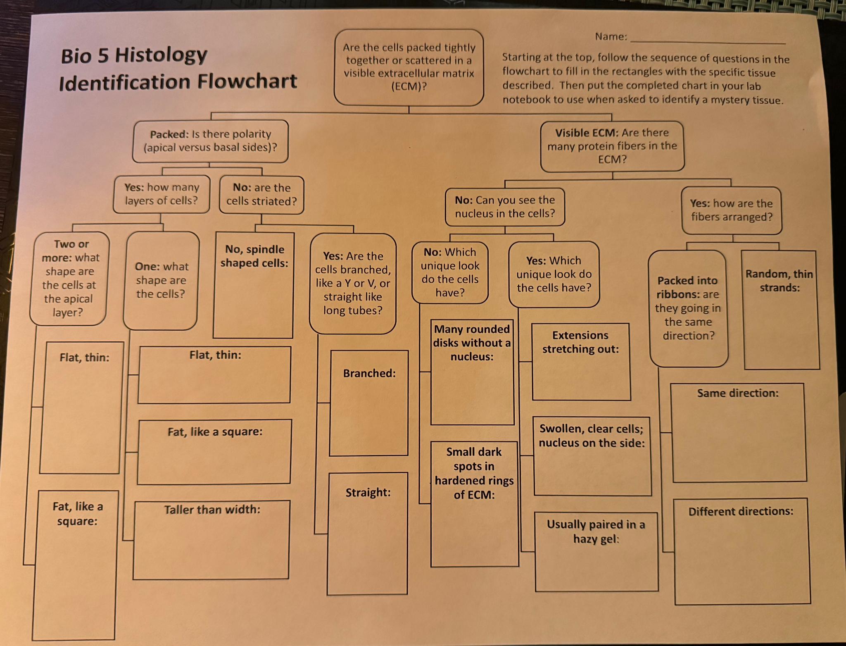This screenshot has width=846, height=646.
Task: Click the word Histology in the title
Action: coord(161,56)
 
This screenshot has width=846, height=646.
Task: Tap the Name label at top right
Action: coord(611,37)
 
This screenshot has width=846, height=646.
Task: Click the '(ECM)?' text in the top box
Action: coord(409,87)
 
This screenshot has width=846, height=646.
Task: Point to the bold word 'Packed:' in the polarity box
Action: coord(169,134)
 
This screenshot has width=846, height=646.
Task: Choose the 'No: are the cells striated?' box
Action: coord(261,195)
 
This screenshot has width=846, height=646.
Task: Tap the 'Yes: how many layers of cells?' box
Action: coord(162,194)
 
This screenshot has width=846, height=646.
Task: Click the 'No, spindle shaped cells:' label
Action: coord(254,256)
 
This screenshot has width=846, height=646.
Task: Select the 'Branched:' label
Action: coord(369,374)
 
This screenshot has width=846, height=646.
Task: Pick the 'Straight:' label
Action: coord(368,493)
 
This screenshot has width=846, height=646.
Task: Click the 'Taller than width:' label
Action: coord(212,510)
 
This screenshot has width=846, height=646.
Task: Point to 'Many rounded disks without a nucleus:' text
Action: coord(472,343)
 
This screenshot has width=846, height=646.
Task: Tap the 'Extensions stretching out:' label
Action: coord(580,342)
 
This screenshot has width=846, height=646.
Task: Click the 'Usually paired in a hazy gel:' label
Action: coord(596,532)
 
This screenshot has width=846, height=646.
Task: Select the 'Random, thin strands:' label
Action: coord(779,281)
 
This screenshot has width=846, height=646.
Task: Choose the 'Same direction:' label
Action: coord(738,393)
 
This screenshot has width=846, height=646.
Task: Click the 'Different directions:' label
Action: coord(741,512)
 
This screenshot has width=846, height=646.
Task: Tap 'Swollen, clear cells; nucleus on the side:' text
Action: coord(592,436)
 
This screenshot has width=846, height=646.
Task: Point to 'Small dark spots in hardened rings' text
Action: coord(474,473)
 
